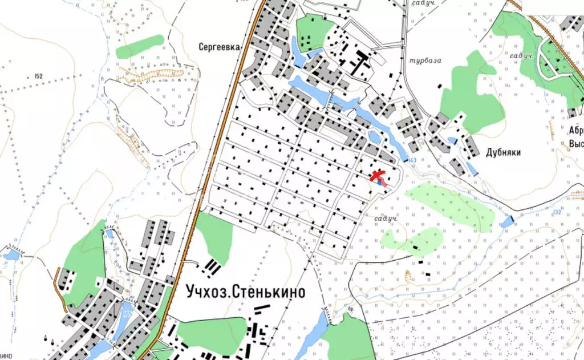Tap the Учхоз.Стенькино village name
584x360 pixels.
point(245,292)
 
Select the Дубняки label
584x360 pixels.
point(504,152)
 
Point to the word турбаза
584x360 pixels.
point(425,60)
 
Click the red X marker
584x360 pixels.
point(378,176)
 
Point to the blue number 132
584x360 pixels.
point(557,212)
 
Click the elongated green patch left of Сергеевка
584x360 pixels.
point(140,46)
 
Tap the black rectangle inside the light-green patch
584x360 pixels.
point(416,249)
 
